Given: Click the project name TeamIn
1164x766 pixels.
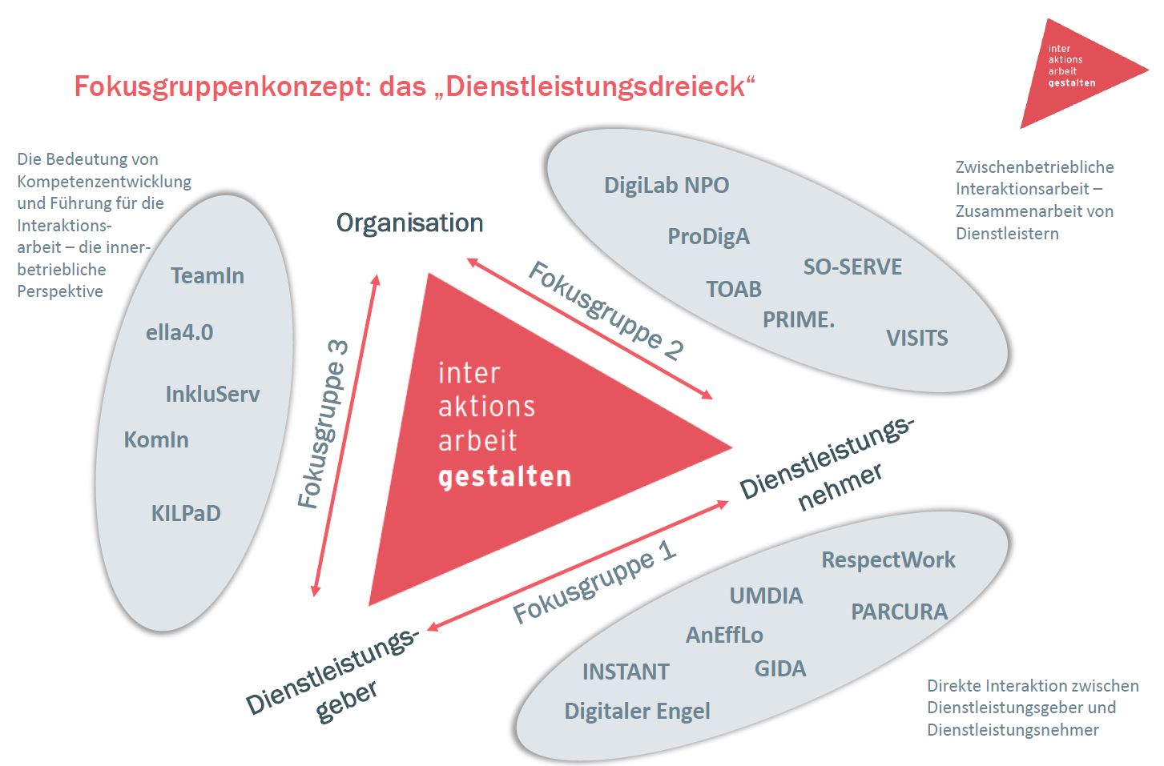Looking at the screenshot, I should [207, 276].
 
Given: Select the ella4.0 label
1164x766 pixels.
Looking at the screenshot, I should [179, 333].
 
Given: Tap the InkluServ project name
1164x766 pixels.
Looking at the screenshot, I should [212, 394].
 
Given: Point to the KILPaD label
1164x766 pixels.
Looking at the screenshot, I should [186, 513].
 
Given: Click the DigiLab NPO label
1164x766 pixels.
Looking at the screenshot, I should [667, 186].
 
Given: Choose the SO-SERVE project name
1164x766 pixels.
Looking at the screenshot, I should [852, 267].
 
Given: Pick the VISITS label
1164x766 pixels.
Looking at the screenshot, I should [916, 339].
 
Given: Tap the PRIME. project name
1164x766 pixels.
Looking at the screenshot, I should [798, 320].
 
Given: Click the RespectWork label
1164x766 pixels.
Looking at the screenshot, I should [888, 560].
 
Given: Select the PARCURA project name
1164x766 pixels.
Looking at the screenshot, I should [899, 612].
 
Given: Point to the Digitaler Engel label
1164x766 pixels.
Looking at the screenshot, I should [637, 712].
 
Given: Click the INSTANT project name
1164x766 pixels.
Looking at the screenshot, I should [625, 672].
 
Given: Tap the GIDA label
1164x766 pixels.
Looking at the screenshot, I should [779, 669].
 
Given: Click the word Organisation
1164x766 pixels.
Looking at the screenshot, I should [409, 223].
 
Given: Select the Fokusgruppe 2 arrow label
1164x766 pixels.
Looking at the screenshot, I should [606, 311].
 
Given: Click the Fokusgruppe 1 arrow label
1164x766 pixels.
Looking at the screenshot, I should [594, 582].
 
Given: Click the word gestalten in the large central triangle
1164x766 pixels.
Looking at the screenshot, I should [505, 477].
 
